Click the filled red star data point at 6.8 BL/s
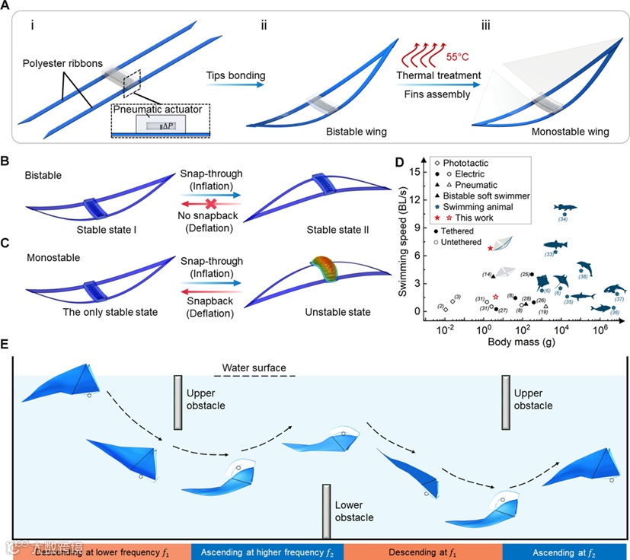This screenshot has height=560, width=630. point(490,248)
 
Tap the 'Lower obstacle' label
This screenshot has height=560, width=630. point(355,510)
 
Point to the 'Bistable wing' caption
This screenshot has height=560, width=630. point(355,131)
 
